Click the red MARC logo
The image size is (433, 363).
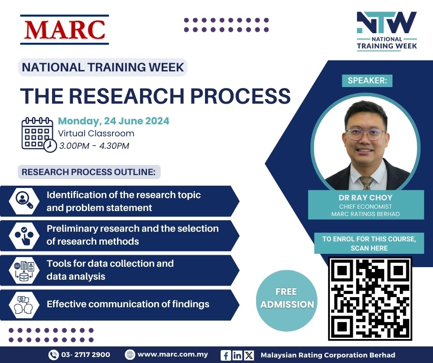[x=64, y=29]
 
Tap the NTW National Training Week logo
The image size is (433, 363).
[x=386, y=31]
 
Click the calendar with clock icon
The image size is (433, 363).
[x=39, y=135]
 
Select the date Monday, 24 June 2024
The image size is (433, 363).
[x=113, y=121]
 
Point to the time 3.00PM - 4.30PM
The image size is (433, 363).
[x=94, y=146]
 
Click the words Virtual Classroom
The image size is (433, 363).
[x=96, y=134]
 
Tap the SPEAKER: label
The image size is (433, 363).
[x=367, y=81]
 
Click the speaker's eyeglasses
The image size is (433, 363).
[x=365, y=134]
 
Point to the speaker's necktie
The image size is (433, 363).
[x=366, y=183]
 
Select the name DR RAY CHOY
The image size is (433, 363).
[x=366, y=198]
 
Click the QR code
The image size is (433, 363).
[x=370, y=299]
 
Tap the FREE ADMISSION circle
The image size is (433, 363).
[x=287, y=300]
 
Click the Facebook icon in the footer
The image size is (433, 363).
[x=226, y=355]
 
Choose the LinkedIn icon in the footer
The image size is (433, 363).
[x=237, y=355]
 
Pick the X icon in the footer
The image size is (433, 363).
[x=249, y=355]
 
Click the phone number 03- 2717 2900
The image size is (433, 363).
[x=86, y=355]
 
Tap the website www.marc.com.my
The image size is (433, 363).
[x=173, y=354]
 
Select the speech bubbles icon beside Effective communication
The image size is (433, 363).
[x=24, y=304]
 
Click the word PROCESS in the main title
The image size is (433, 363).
[x=240, y=96]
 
